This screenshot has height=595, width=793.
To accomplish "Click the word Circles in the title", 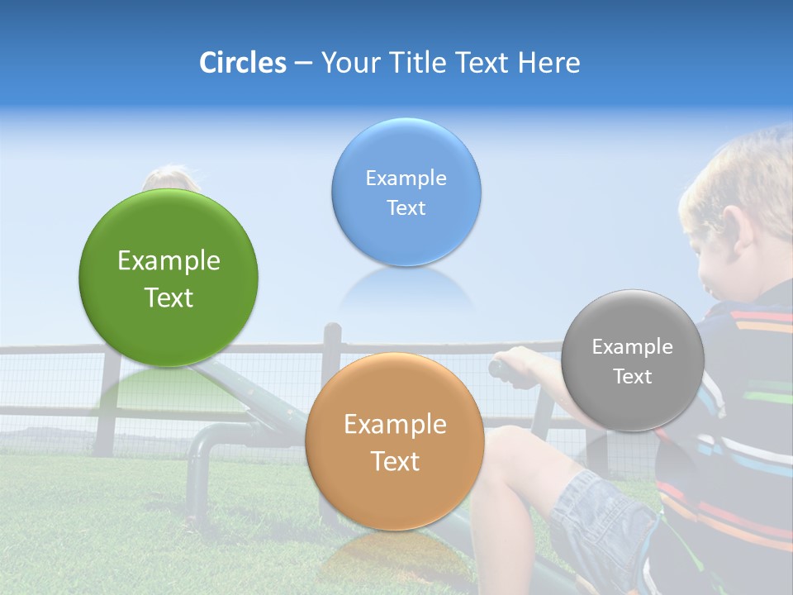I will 242,63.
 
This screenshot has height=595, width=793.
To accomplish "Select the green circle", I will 169,278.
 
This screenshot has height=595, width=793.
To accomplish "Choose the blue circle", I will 406,192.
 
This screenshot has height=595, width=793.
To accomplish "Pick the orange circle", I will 394,441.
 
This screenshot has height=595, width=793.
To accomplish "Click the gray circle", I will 632,360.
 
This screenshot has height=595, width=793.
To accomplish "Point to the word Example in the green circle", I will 169,261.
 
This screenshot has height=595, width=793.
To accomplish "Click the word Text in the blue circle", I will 406,208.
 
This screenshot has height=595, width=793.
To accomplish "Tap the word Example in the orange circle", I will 395,425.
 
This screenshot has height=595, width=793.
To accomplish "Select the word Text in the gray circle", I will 633,377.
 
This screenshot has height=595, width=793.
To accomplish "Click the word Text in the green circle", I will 169,297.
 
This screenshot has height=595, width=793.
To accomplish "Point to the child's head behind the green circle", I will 169,178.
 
